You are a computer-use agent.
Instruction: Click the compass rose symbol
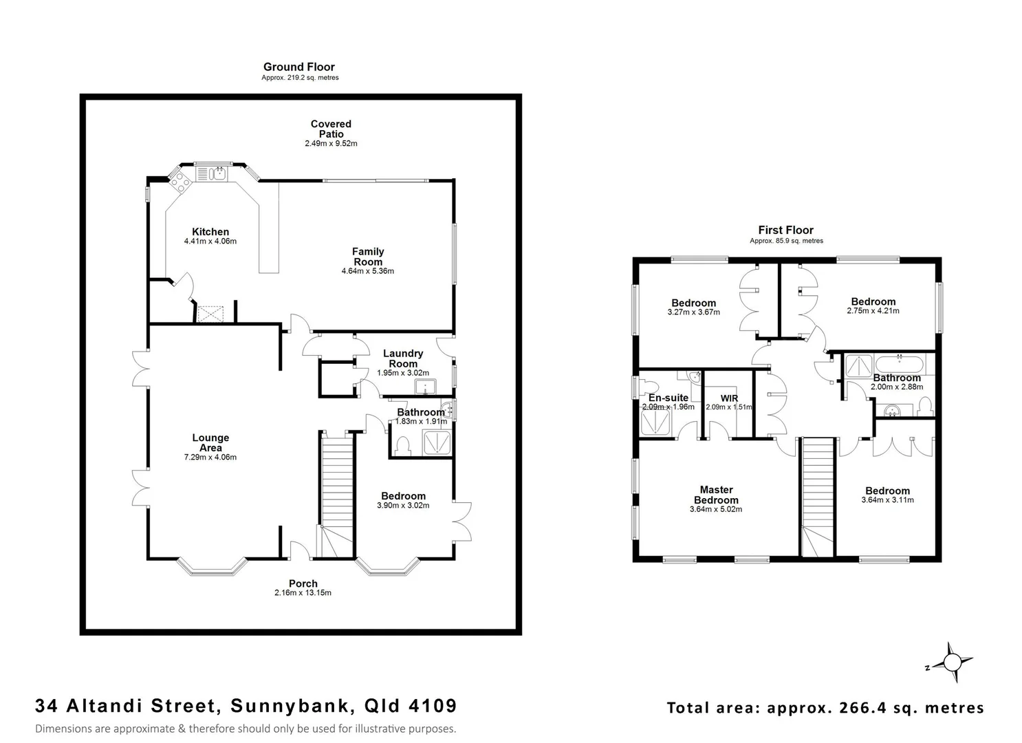tap(952, 663)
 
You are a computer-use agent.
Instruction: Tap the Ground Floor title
tap(298, 67)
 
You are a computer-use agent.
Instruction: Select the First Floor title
tap(785, 230)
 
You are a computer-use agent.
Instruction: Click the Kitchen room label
tap(210, 232)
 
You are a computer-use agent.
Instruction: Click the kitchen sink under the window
tap(218, 173)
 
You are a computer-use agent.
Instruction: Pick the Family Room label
tap(368, 257)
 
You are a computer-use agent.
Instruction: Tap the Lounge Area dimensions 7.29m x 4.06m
tap(210, 457)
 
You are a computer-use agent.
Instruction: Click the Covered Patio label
tap(331, 129)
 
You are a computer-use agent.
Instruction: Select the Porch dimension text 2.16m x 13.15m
tap(303, 592)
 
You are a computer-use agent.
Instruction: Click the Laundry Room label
tap(403, 358)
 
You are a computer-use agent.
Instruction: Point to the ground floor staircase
tap(336, 495)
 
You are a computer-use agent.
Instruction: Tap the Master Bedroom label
tap(716, 495)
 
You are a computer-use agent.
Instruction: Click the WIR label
tap(729, 398)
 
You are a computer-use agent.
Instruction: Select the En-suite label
tap(668, 398)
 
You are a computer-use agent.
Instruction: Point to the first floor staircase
tap(818, 495)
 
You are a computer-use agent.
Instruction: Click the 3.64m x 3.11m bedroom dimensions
tap(887, 500)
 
